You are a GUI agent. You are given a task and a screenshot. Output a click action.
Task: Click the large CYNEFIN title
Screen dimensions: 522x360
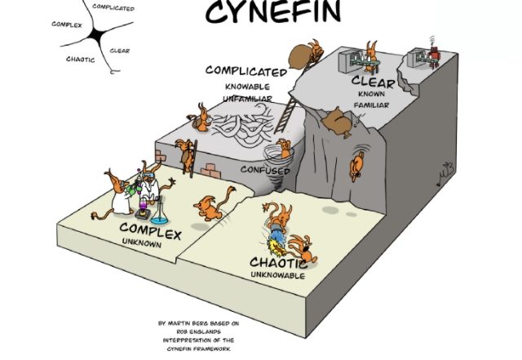point(273,12)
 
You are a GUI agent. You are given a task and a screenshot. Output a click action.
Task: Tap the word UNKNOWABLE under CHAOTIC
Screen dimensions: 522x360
point(277,275)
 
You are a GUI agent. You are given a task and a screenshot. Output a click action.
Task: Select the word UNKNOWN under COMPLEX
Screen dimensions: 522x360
point(142,242)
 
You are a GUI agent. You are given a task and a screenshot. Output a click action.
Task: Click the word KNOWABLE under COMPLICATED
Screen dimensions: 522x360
point(247,87)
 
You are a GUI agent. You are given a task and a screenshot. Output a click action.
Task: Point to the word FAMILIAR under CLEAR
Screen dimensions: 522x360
point(371,105)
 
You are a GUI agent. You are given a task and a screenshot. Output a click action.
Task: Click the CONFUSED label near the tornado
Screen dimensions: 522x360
point(265,170)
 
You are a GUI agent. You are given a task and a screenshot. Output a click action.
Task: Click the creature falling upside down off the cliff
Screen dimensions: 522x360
point(357,166)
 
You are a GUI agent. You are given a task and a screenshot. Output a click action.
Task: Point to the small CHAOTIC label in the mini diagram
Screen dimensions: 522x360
point(80,60)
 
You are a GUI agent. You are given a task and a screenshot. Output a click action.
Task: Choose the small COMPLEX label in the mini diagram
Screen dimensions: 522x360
point(67,24)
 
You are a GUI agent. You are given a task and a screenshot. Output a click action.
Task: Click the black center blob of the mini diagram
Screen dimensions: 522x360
point(97,35)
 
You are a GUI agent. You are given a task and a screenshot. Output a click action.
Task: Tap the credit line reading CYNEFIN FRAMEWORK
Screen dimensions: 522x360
point(198,349)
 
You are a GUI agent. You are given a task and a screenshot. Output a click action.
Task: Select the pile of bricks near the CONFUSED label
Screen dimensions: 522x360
point(210,171)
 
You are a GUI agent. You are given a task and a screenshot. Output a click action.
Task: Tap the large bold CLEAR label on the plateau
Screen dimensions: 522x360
point(373,82)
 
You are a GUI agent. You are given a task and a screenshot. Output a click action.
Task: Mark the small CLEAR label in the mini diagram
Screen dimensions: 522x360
point(120,51)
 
